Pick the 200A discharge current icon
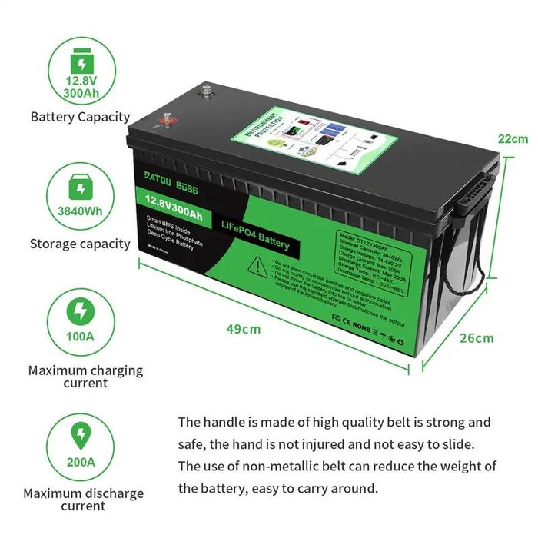[x=80, y=447]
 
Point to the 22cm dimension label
[x=513, y=139]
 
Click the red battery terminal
[x=163, y=121]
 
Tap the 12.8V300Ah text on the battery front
[x=171, y=204]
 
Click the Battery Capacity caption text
[x=80, y=118]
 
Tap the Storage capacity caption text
[x=80, y=244]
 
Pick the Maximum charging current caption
[x=85, y=377]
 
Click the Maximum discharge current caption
[x=83, y=500]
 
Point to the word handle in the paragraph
[x=224, y=423]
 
